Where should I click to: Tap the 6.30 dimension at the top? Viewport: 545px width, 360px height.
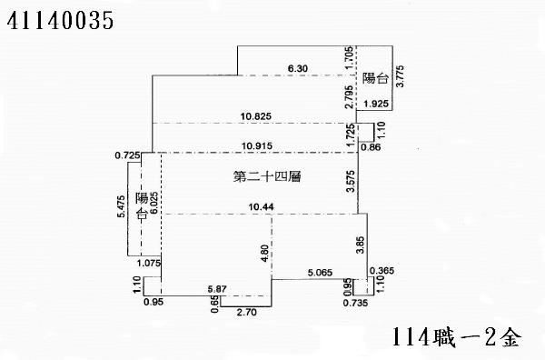pos(298,68)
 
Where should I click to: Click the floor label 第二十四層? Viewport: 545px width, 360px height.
pos(267,177)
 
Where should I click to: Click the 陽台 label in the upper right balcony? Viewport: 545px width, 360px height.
pos(374,77)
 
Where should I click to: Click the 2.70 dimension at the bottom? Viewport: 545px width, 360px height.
pos(247,312)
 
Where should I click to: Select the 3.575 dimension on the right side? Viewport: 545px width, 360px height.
pos(350,182)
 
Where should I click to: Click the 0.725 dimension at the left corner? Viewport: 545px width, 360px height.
pos(127,155)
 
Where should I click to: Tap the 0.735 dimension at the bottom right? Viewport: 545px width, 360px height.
pos(355,303)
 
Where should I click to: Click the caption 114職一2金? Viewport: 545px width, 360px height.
pos(459,338)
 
